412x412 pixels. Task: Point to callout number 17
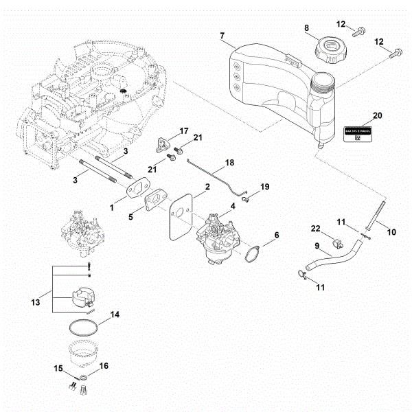184,131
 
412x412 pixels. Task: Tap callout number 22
315,228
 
